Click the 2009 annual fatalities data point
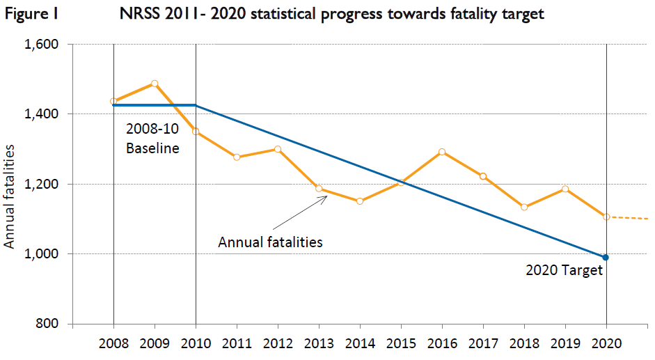(x=155, y=84)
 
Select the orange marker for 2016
(x=442, y=152)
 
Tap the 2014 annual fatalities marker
(x=360, y=201)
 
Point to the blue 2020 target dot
(x=606, y=258)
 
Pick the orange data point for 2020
(x=606, y=217)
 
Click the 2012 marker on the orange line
(x=278, y=149)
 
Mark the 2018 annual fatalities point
(x=524, y=207)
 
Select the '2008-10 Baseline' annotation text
(x=152, y=139)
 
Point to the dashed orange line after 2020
(x=630, y=218)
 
